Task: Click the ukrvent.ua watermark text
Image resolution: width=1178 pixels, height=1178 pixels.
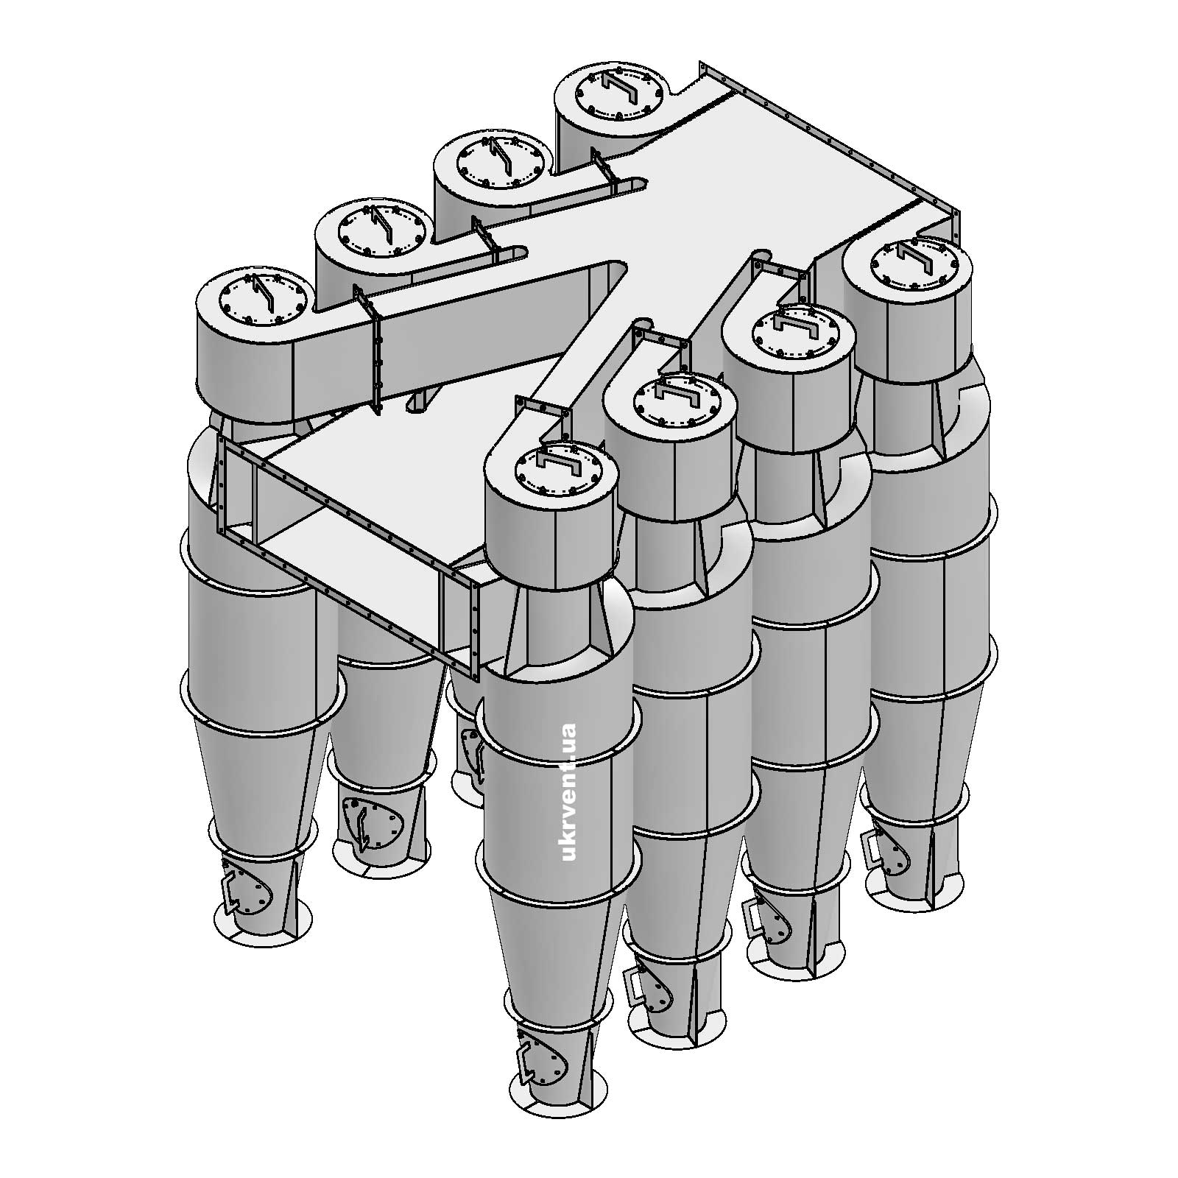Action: (x=568, y=792)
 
